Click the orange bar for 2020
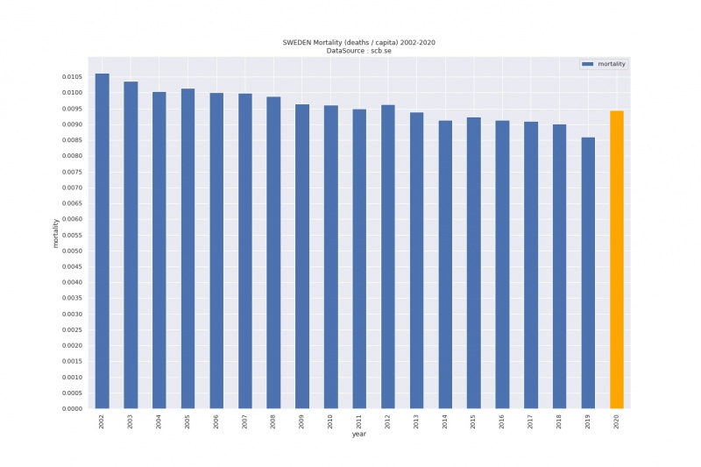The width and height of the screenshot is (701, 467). [x=617, y=259]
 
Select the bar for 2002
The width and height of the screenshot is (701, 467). [x=103, y=241]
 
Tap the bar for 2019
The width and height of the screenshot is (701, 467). [x=588, y=272]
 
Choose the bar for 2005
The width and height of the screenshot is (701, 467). [x=188, y=249]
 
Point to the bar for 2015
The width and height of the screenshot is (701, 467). [x=474, y=263]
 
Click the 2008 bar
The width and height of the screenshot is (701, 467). [x=274, y=252]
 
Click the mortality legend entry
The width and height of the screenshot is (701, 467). [x=604, y=65]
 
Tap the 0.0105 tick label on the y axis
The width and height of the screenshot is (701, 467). [x=72, y=77]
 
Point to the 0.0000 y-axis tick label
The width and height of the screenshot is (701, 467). [x=72, y=409]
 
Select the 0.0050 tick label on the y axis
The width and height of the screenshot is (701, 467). [x=72, y=251]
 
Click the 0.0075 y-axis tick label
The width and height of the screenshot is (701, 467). [x=72, y=172]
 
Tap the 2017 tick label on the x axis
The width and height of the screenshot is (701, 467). [x=531, y=421]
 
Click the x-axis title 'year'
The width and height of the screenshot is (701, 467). [x=359, y=435]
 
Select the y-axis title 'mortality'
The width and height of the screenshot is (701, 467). [x=56, y=233]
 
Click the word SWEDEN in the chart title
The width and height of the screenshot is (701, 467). [x=295, y=42]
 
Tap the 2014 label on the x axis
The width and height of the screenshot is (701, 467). [x=445, y=421]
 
